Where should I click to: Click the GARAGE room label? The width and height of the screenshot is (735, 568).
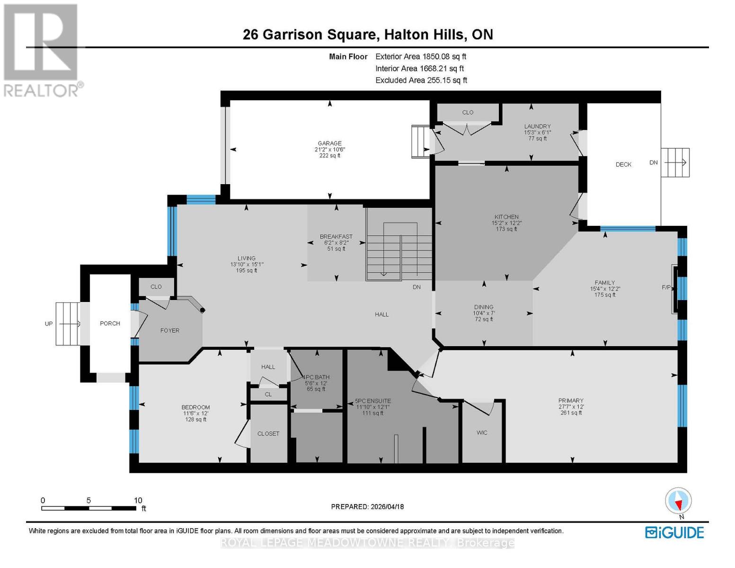click(x=329, y=143)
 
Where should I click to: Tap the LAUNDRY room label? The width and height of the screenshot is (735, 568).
click(x=537, y=126)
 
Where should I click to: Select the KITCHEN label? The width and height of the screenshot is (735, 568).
click(x=506, y=217)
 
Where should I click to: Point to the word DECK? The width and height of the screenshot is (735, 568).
click(x=623, y=165)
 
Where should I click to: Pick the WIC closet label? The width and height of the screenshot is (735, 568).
click(x=482, y=433)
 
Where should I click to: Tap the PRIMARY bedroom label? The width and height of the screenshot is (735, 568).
click(x=571, y=400)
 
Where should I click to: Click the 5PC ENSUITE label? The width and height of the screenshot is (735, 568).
click(x=373, y=401)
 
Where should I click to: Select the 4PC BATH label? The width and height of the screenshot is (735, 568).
click(x=316, y=377)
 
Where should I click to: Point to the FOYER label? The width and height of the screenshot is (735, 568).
click(x=170, y=330)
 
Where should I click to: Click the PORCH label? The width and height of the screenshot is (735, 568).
click(x=110, y=323)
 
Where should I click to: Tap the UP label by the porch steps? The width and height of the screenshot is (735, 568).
click(x=48, y=324)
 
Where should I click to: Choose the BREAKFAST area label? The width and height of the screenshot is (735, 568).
click(x=336, y=237)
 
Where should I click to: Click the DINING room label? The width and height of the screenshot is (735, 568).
click(x=483, y=307)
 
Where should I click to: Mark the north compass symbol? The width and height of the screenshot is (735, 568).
click(x=678, y=501)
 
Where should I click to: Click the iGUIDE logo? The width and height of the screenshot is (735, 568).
click(x=674, y=532)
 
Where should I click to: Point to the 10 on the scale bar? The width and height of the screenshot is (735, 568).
click(x=138, y=500)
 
